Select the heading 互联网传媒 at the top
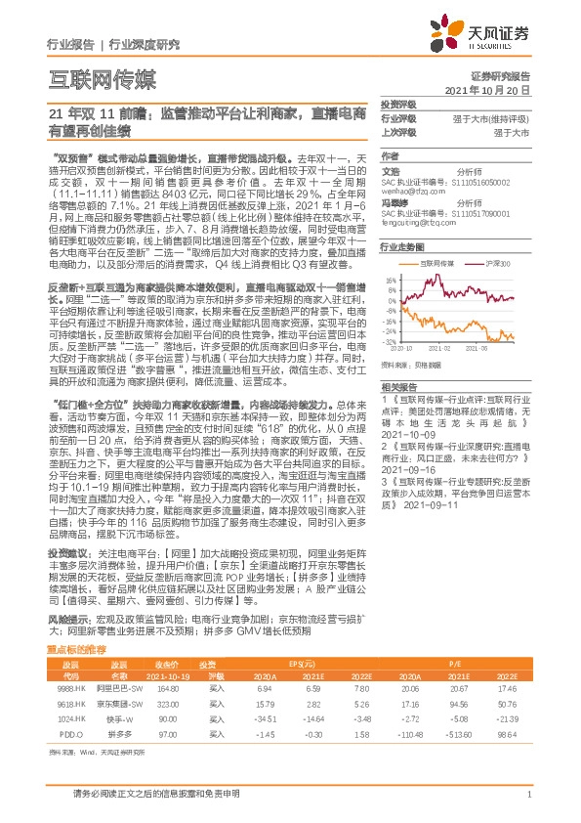103,78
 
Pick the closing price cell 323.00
171,675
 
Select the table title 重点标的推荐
78,622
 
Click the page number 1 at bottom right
527,793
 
